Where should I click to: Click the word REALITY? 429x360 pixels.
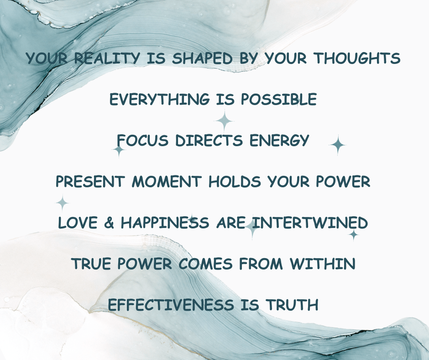[x=107, y=58]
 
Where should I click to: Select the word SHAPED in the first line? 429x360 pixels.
[x=202, y=58]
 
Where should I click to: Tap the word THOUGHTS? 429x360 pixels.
[x=357, y=58]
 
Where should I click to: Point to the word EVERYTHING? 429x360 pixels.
[x=160, y=99]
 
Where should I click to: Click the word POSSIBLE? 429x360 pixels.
[x=278, y=99]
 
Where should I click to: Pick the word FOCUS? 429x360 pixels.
[x=142, y=140]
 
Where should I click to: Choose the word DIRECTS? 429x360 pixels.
[x=209, y=140]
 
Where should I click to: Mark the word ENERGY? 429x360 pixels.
[x=279, y=140]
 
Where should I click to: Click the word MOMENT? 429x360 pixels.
[x=167, y=181]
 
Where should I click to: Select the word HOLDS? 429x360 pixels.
[x=235, y=181]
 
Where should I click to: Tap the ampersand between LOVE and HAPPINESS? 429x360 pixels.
[x=109, y=222]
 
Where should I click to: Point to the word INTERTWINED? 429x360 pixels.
[x=310, y=222]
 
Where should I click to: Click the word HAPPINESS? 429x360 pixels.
[x=165, y=222]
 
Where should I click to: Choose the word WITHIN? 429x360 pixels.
[x=323, y=264]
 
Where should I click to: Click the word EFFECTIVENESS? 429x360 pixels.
[x=171, y=305]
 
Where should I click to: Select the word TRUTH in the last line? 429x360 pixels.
[x=293, y=305]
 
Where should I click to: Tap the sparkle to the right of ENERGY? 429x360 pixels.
[x=338, y=145]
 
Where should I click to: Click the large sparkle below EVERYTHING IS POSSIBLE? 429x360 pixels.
[x=225, y=121]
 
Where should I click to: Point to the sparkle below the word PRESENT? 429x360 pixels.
[x=63, y=203]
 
